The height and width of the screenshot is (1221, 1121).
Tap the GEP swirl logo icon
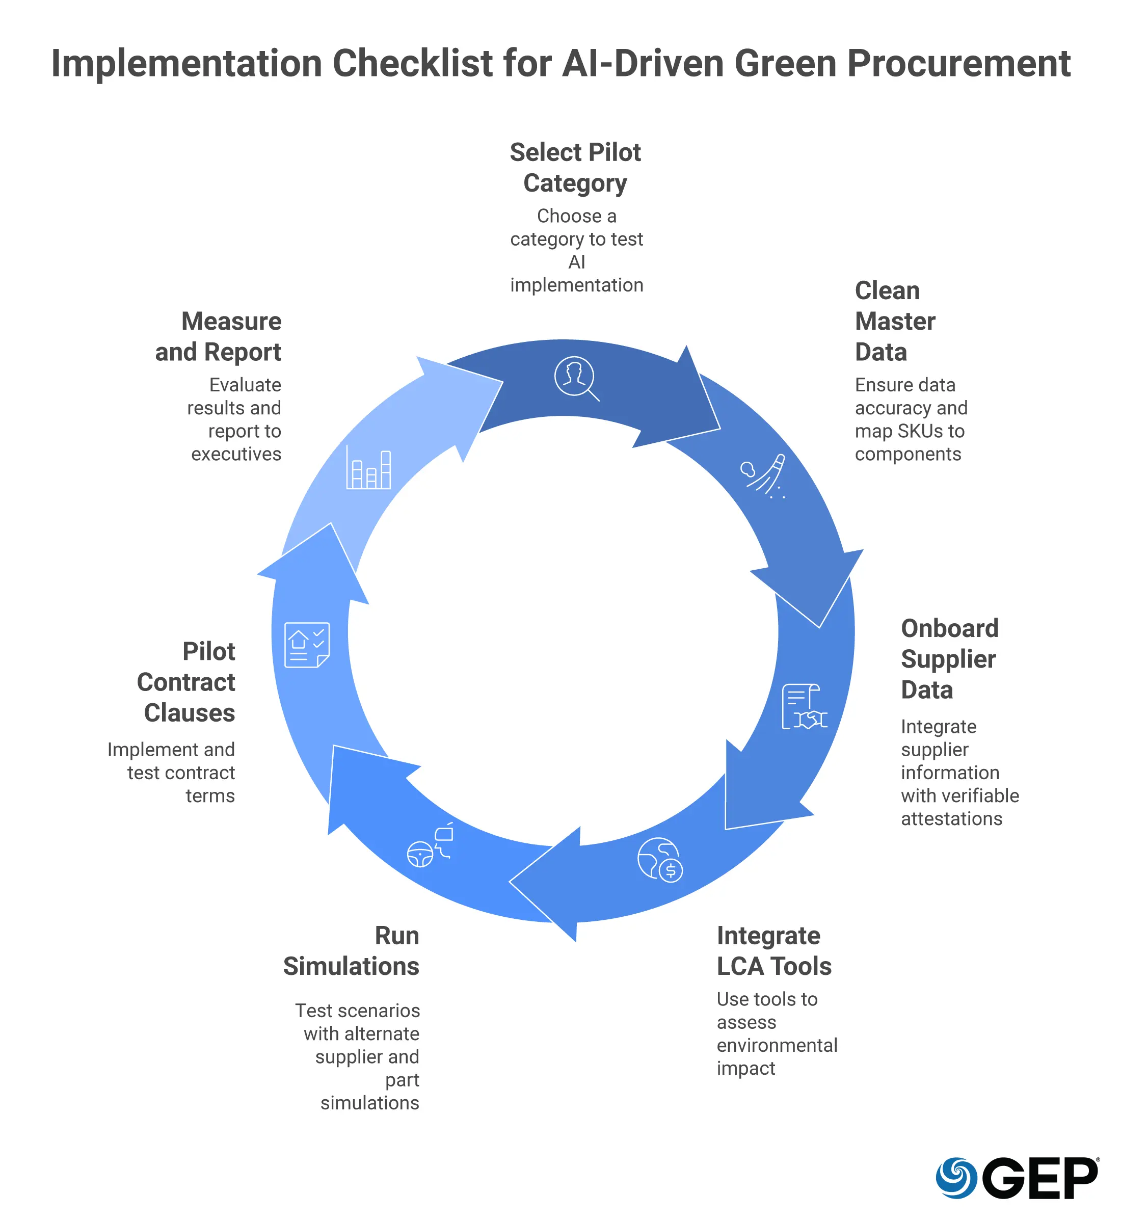[x=956, y=1178]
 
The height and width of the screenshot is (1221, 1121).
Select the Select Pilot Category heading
[x=575, y=168]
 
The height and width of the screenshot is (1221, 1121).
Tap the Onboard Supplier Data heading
[x=949, y=659]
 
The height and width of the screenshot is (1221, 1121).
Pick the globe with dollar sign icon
[x=660, y=860]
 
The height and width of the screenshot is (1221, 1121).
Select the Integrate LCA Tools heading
[x=773, y=950]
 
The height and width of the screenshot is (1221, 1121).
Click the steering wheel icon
[x=420, y=854]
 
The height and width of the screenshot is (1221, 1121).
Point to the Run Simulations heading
[x=351, y=950]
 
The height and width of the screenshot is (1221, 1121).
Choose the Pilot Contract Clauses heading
[x=186, y=682]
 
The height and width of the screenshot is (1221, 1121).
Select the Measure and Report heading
[x=219, y=337]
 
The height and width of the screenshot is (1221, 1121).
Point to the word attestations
[x=951, y=819]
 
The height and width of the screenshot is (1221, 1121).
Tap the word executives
[x=236, y=455]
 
